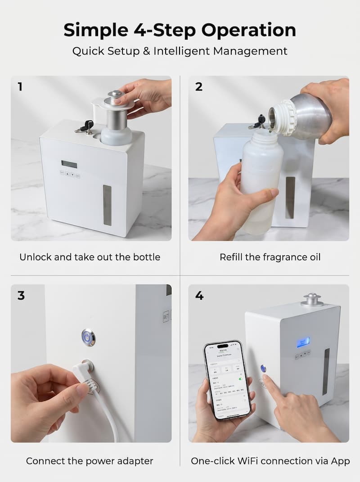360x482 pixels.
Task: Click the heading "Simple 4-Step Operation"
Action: pos(180,30)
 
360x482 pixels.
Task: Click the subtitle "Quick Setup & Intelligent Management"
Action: pos(180,51)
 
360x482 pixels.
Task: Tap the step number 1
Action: pos(20,87)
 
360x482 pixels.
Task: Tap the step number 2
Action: pos(198,87)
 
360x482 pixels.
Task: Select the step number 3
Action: pos(21,296)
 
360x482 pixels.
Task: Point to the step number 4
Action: pos(199,296)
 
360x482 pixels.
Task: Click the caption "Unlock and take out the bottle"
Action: pos(90,257)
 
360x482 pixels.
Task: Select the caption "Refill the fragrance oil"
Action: pos(270,257)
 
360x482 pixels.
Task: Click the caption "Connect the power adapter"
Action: pos(90,461)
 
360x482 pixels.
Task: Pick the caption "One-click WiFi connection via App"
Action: pos(270,461)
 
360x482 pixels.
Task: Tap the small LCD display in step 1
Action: pos(69,164)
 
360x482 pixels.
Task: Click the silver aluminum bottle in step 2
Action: pos(306,113)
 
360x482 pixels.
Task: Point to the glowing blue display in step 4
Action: pos(303,342)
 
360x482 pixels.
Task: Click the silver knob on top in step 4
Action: pos(312,299)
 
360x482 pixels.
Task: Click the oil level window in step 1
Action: pos(107,205)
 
